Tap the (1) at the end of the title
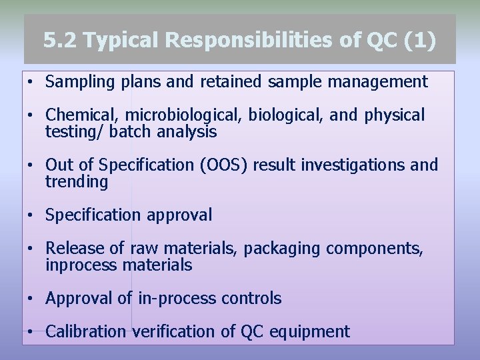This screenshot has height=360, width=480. click(x=420, y=41)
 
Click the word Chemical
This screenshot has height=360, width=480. click(x=77, y=115)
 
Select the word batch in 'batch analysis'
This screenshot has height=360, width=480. click(x=131, y=132)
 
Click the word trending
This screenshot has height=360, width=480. click(x=76, y=181)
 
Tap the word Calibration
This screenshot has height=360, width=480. click(x=85, y=331)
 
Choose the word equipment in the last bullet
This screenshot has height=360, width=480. click(x=309, y=331)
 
